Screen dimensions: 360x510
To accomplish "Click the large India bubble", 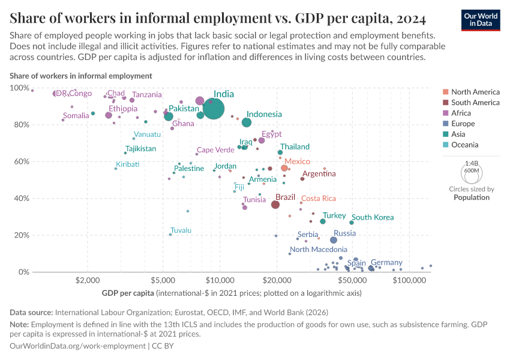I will [x=214, y=109].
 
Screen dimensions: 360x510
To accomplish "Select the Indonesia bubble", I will [x=247, y=122].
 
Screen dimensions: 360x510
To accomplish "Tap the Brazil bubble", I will [x=275, y=205].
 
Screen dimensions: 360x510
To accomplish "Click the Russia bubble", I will [x=334, y=240].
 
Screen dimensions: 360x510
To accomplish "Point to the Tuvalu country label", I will [x=181, y=230].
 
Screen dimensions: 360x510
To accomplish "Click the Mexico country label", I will [x=297, y=161].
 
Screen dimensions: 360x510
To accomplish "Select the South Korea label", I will [x=373, y=217].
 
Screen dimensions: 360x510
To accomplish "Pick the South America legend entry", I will [x=475, y=103].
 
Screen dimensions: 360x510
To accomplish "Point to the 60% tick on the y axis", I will [x=20, y=161].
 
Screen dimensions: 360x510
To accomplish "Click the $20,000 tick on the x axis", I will [x=277, y=280].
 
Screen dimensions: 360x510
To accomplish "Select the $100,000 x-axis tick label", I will [x=409, y=280].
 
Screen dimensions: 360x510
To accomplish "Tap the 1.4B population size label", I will [x=472, y=163].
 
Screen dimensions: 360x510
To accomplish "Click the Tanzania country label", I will [x=147, y=95].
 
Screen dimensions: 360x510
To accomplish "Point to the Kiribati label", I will [x=128, y=164].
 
